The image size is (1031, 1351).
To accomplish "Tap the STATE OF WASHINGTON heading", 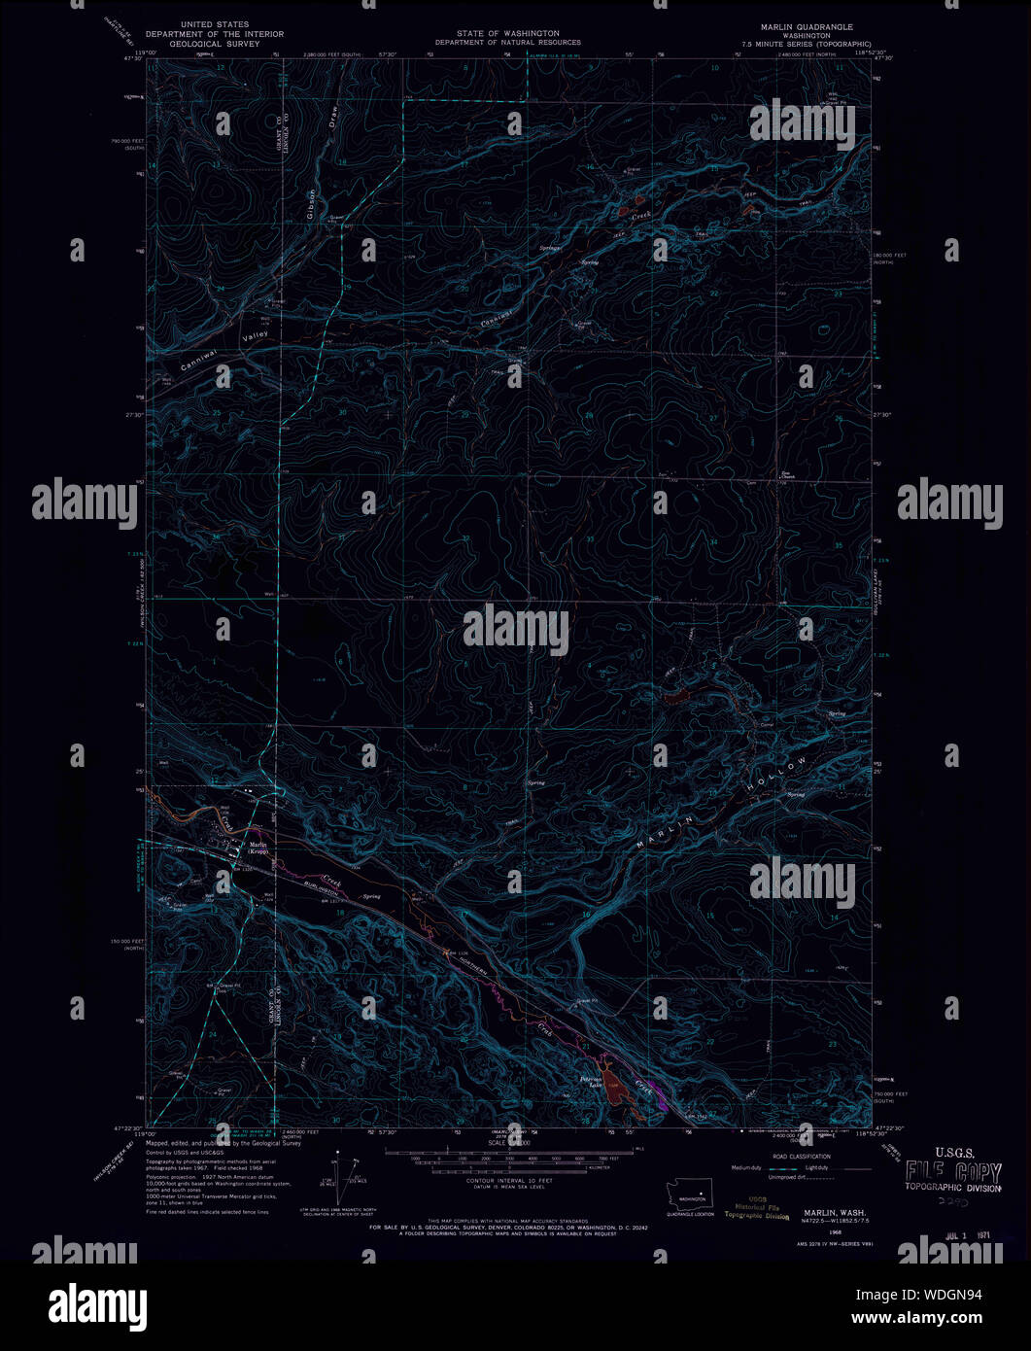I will tap(507, 33).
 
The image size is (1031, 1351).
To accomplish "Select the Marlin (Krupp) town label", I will tap(258, 848).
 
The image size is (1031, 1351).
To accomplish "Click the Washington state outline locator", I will tap(689, 1195).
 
